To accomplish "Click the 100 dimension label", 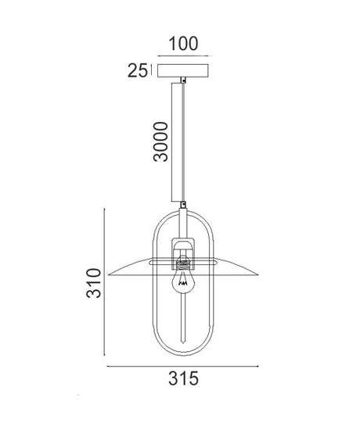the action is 183,44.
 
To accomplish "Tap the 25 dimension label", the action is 138,70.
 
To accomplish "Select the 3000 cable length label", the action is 160,142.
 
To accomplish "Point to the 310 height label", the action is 93,283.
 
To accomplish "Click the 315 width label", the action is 184,378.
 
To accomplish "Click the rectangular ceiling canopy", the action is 183,70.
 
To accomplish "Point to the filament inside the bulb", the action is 183,281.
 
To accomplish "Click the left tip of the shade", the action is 108,275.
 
